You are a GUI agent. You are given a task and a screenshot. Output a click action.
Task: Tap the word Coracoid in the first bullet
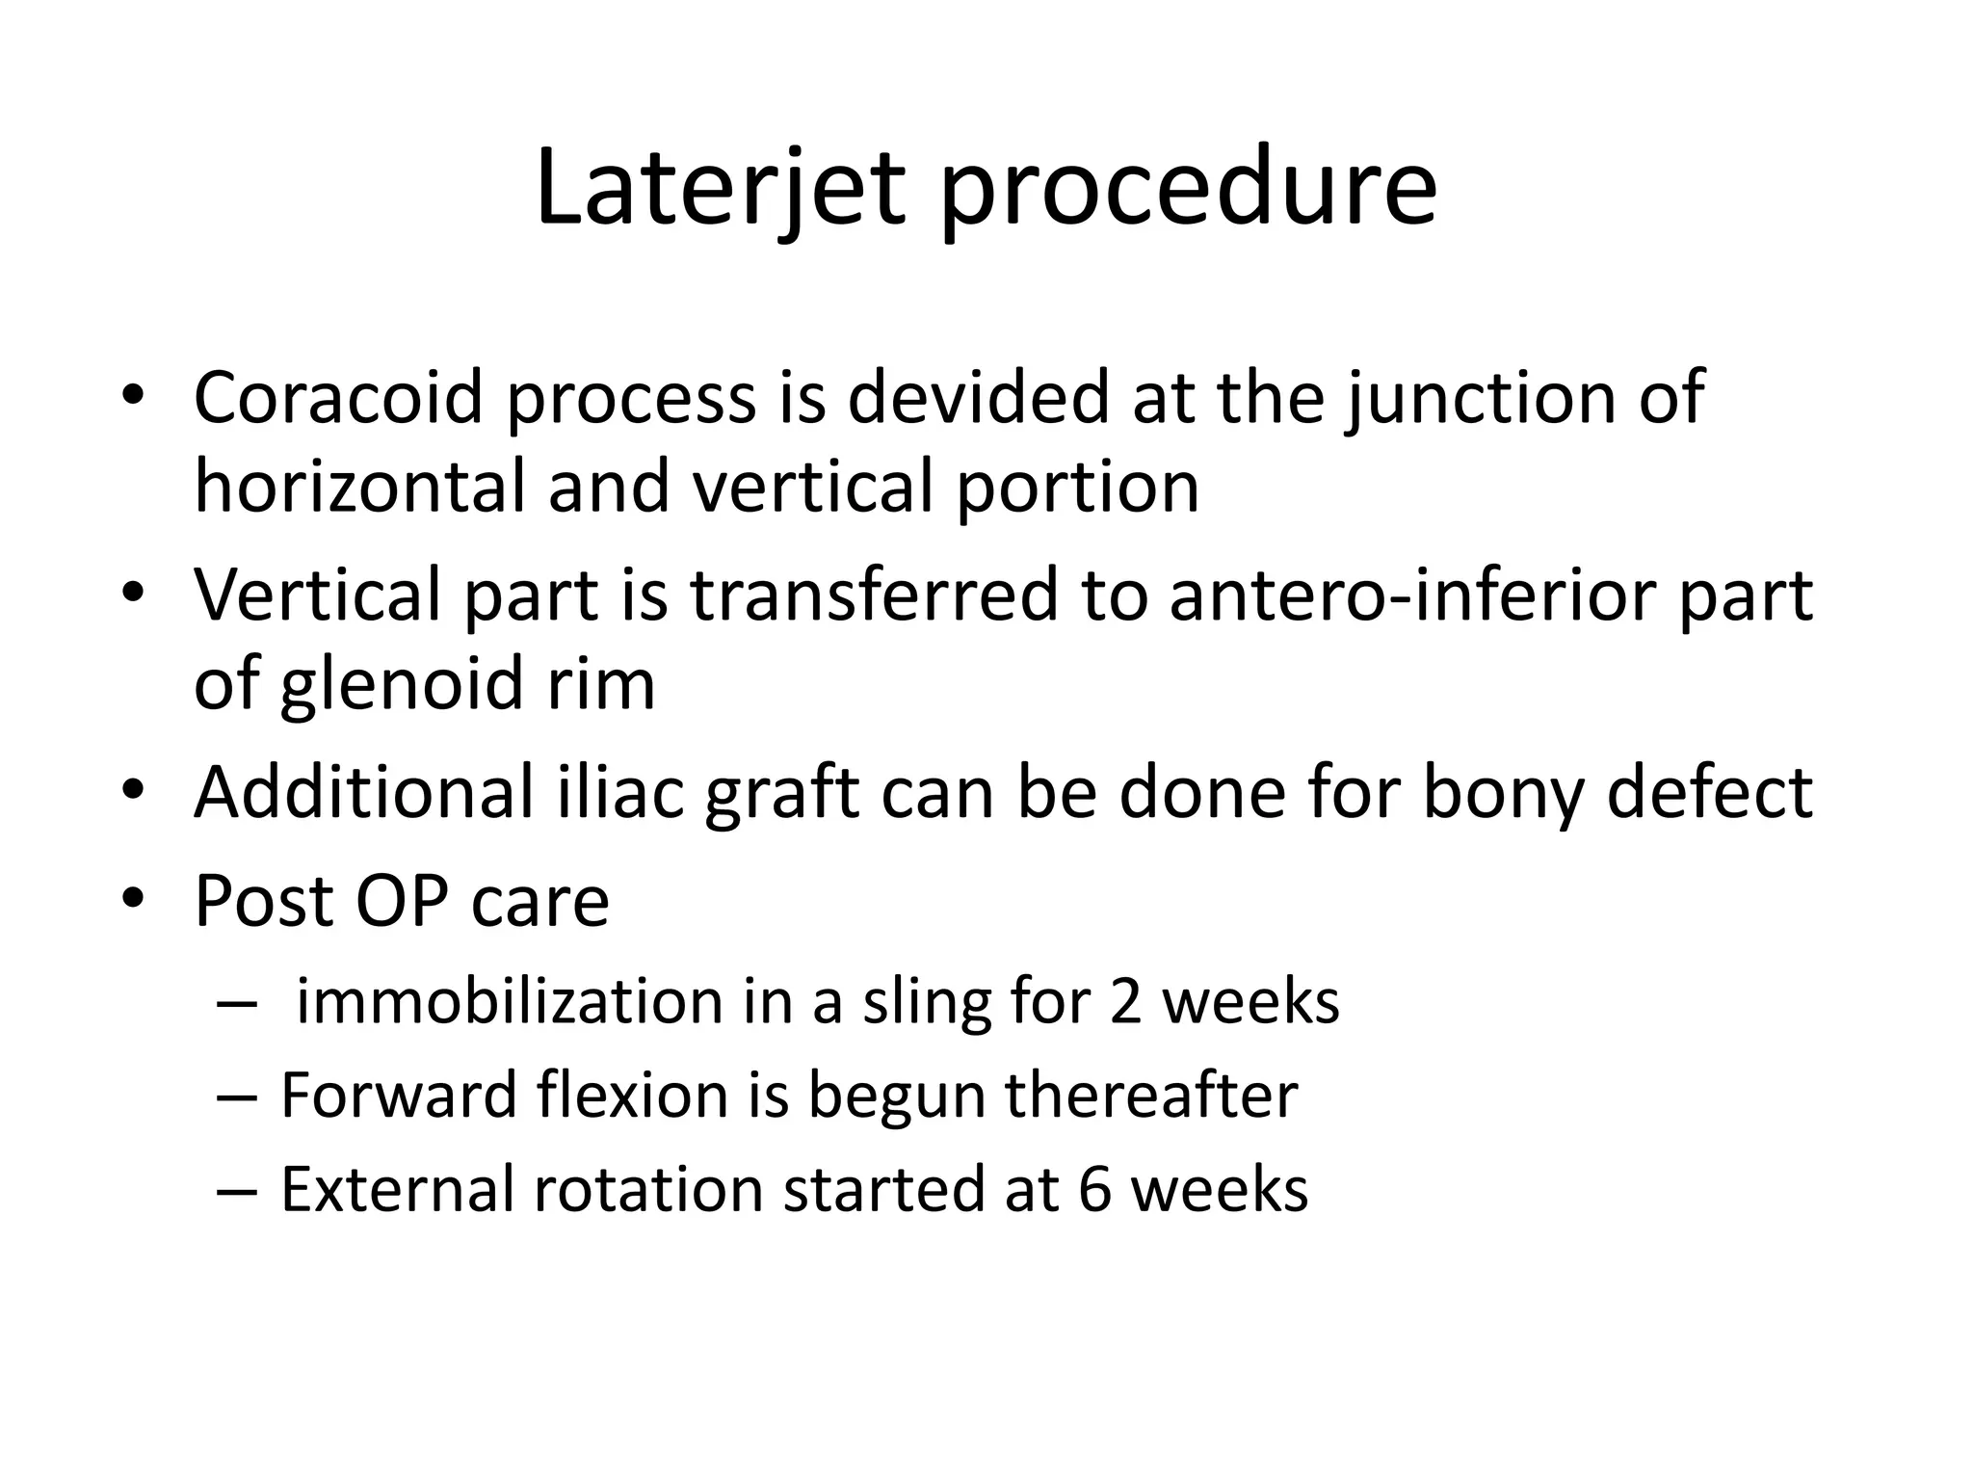pyautogui.click(x=337, y=397)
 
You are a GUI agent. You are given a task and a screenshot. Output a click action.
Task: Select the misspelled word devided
pyautogui.click(x=979, y=397)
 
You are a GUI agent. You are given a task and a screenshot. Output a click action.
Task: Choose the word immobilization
pyautogui.click(x=510, y=1001)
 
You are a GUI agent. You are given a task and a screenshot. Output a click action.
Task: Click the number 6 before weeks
pyautogui.click(x=1095, y=1189)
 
